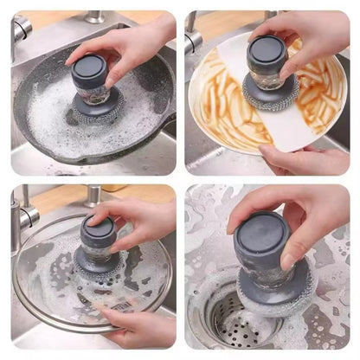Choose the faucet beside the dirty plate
pyautogui.click(x=192, y=35)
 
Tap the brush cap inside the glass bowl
pyautogui.click(x=97, y=232)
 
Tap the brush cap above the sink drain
pyautogui.click(x=260, y=238)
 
